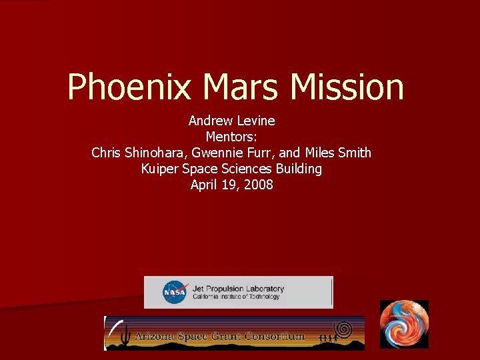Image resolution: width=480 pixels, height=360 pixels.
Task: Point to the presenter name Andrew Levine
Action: [231, 121]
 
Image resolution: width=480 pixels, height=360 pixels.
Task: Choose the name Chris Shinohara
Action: [139, 153]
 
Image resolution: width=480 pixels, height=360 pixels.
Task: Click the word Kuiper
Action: [159, 169]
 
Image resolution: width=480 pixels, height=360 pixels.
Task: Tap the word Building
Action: [296, 169]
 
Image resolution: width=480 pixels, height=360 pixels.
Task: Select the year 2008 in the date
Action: [259, 185]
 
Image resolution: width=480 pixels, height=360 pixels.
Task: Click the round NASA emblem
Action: [175, 292]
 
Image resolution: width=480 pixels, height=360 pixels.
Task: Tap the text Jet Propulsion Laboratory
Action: [238, 289]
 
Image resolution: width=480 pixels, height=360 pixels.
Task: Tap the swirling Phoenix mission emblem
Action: [404, 324]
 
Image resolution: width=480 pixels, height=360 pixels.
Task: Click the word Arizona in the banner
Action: [160, 336]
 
